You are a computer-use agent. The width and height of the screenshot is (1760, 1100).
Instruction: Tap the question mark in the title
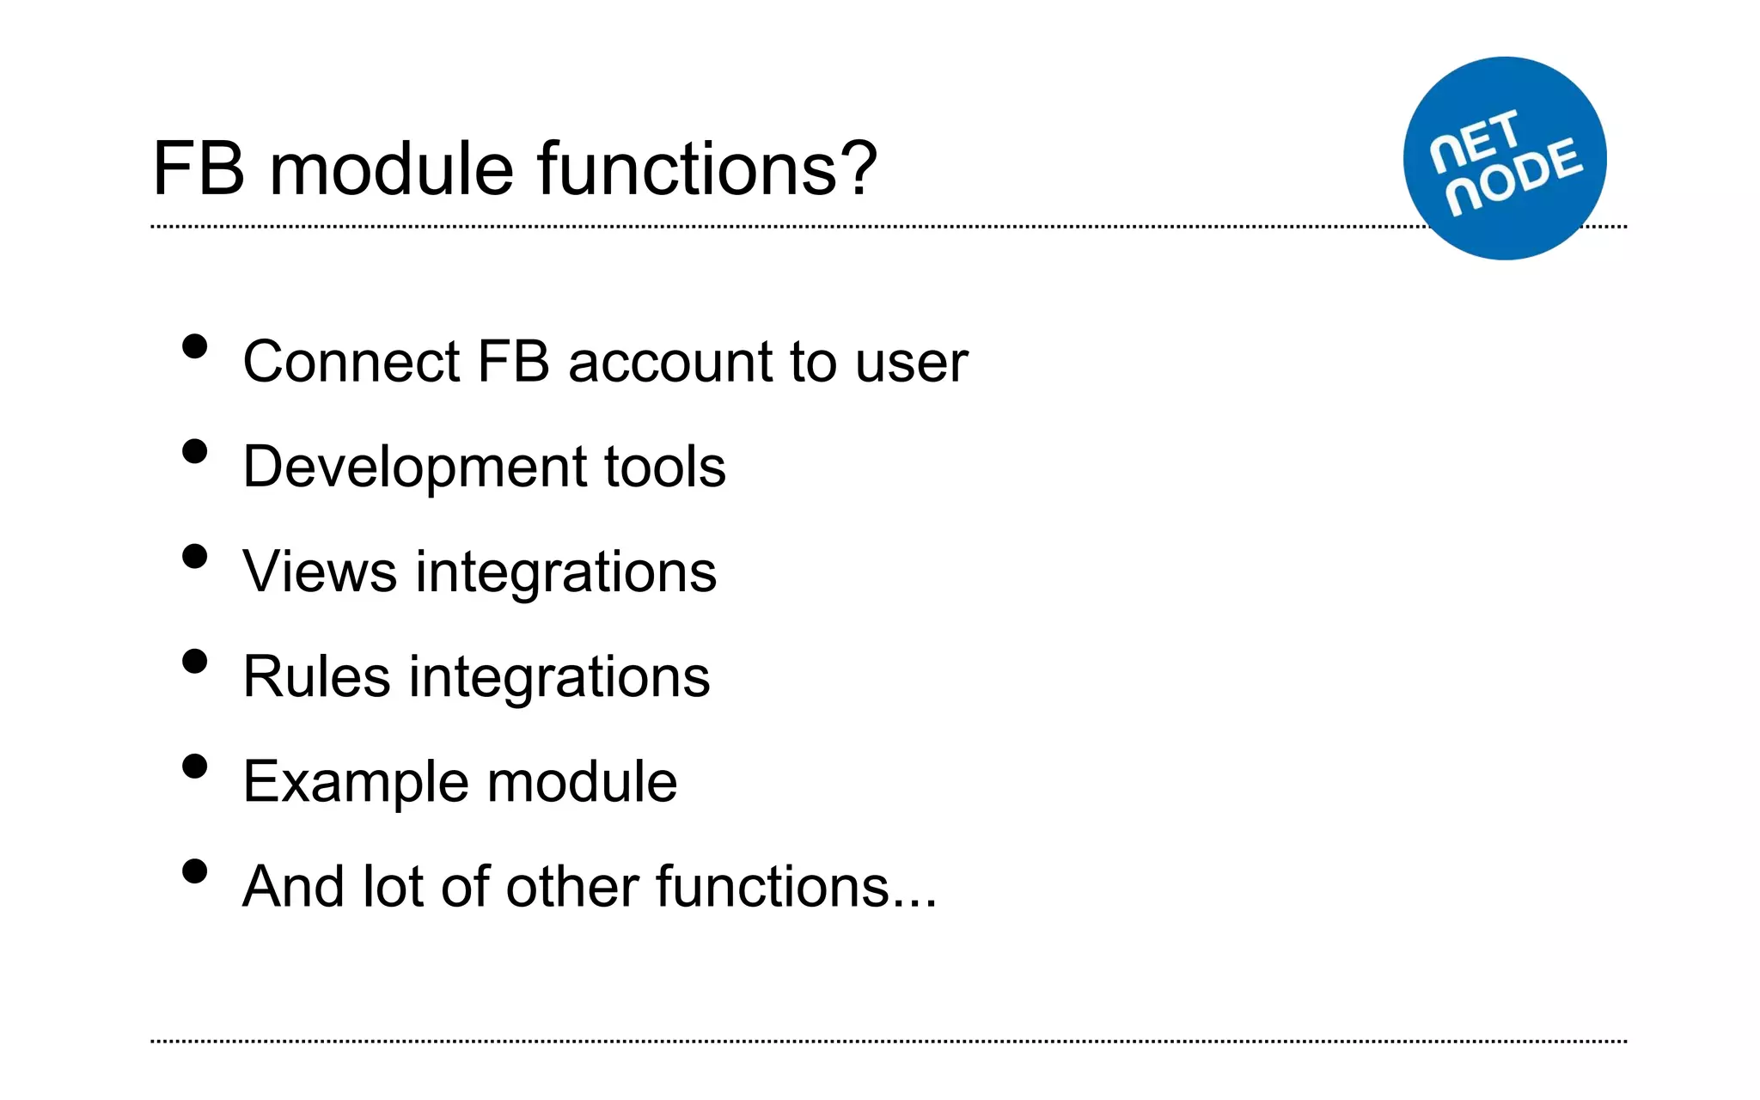[x=856, y=168]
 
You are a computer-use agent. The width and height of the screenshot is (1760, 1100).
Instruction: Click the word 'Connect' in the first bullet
[x=351, y=362]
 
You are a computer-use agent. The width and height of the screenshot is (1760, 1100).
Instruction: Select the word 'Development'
[x=413, y=468]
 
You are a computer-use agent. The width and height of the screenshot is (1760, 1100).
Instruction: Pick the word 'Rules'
[x=316, y=676]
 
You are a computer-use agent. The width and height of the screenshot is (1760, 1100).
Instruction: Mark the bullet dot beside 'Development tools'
[x=195, y=452]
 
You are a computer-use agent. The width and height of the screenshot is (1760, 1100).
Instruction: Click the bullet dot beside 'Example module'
[x=195, y=767]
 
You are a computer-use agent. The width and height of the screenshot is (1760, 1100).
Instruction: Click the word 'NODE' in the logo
[x=1514, y=176]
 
